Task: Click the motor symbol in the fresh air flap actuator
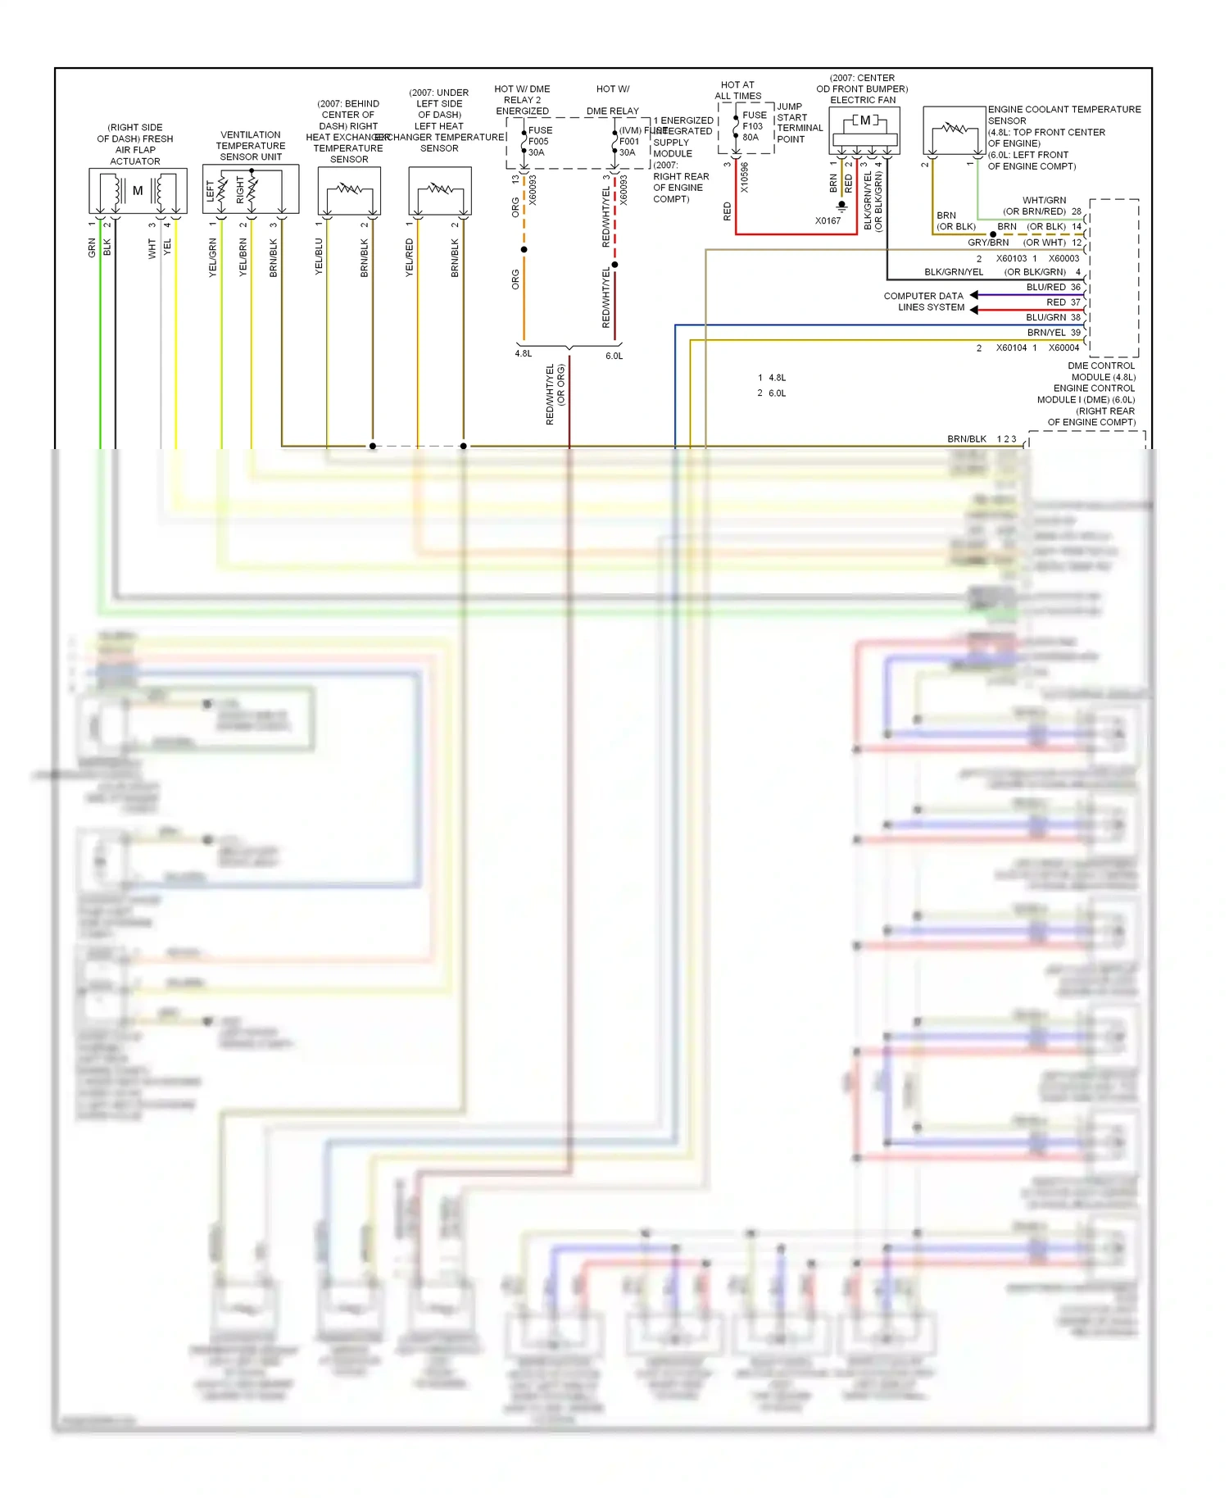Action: point(138,191)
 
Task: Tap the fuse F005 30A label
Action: point(539,141)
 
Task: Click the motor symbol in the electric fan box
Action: point(865,120)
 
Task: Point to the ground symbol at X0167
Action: point(841,206)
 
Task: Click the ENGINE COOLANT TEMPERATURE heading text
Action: point(1063,109)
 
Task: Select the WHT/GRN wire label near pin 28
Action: point(1044,200)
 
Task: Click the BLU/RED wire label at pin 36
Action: point(1045,288)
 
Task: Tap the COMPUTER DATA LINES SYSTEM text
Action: point(924,302)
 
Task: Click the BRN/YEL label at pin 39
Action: point(1046,333)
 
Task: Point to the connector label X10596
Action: point(744,178)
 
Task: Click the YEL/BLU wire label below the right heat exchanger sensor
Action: point(320,256)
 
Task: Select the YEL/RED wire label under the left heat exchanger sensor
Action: point(410,257)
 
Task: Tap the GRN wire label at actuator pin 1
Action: point(92,248)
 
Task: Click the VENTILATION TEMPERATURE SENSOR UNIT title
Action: point(251,146)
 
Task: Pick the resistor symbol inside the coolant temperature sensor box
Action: point(955,129)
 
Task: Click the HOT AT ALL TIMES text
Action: point(737,90)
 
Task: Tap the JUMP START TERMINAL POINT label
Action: point(799,123)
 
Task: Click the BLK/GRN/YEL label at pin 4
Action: point(953,272)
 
